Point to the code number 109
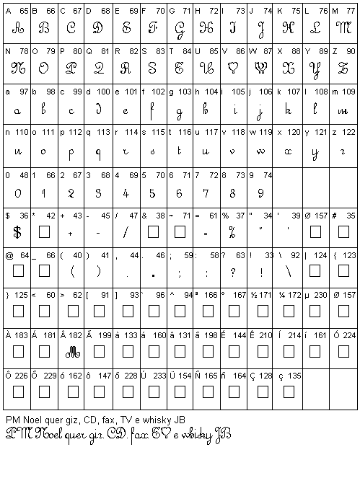point(349,92)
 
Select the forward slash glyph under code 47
point(126,232)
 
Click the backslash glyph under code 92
point(289,273)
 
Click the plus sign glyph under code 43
point(71,234)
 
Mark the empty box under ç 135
point(289,392)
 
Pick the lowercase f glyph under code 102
point(153,110)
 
